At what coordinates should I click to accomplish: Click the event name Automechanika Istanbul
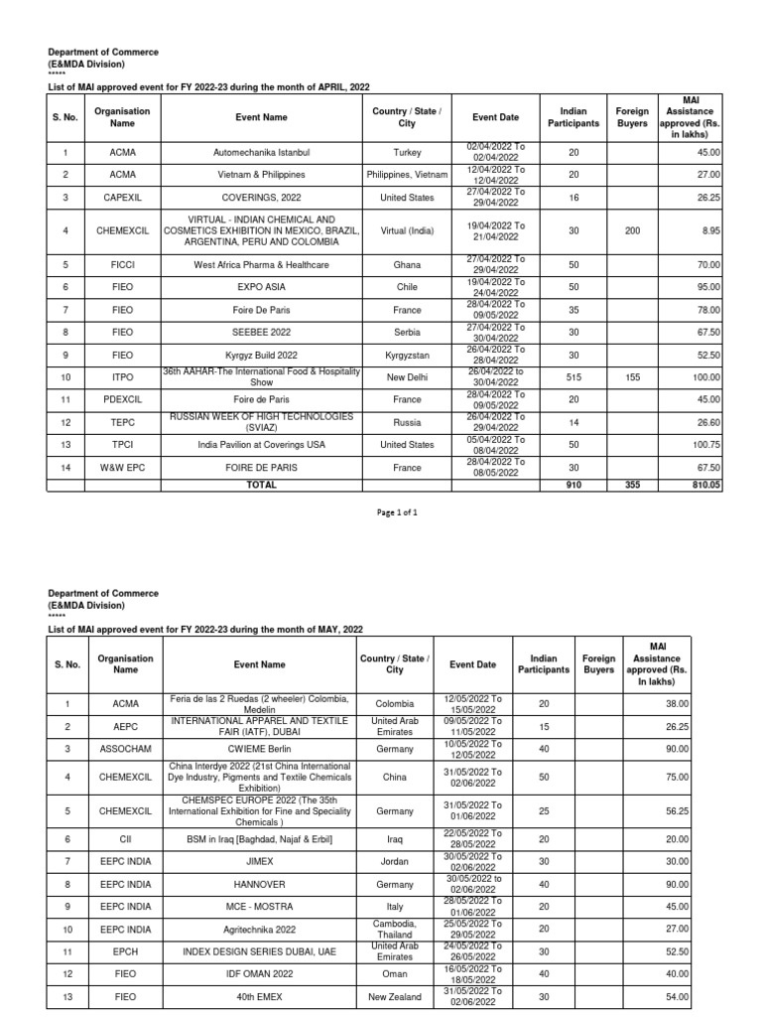pyautogui.click(x=261, y=153)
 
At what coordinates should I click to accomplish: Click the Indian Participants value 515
pyautogui.click(x=573, y=378)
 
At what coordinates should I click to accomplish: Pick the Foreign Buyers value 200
pyautogui.click(x=632, y=230)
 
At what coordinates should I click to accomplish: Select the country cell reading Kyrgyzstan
pyautogui.click(x=407, y=356)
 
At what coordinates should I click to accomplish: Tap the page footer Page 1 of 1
pyautogui.click(x=395, y=512)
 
